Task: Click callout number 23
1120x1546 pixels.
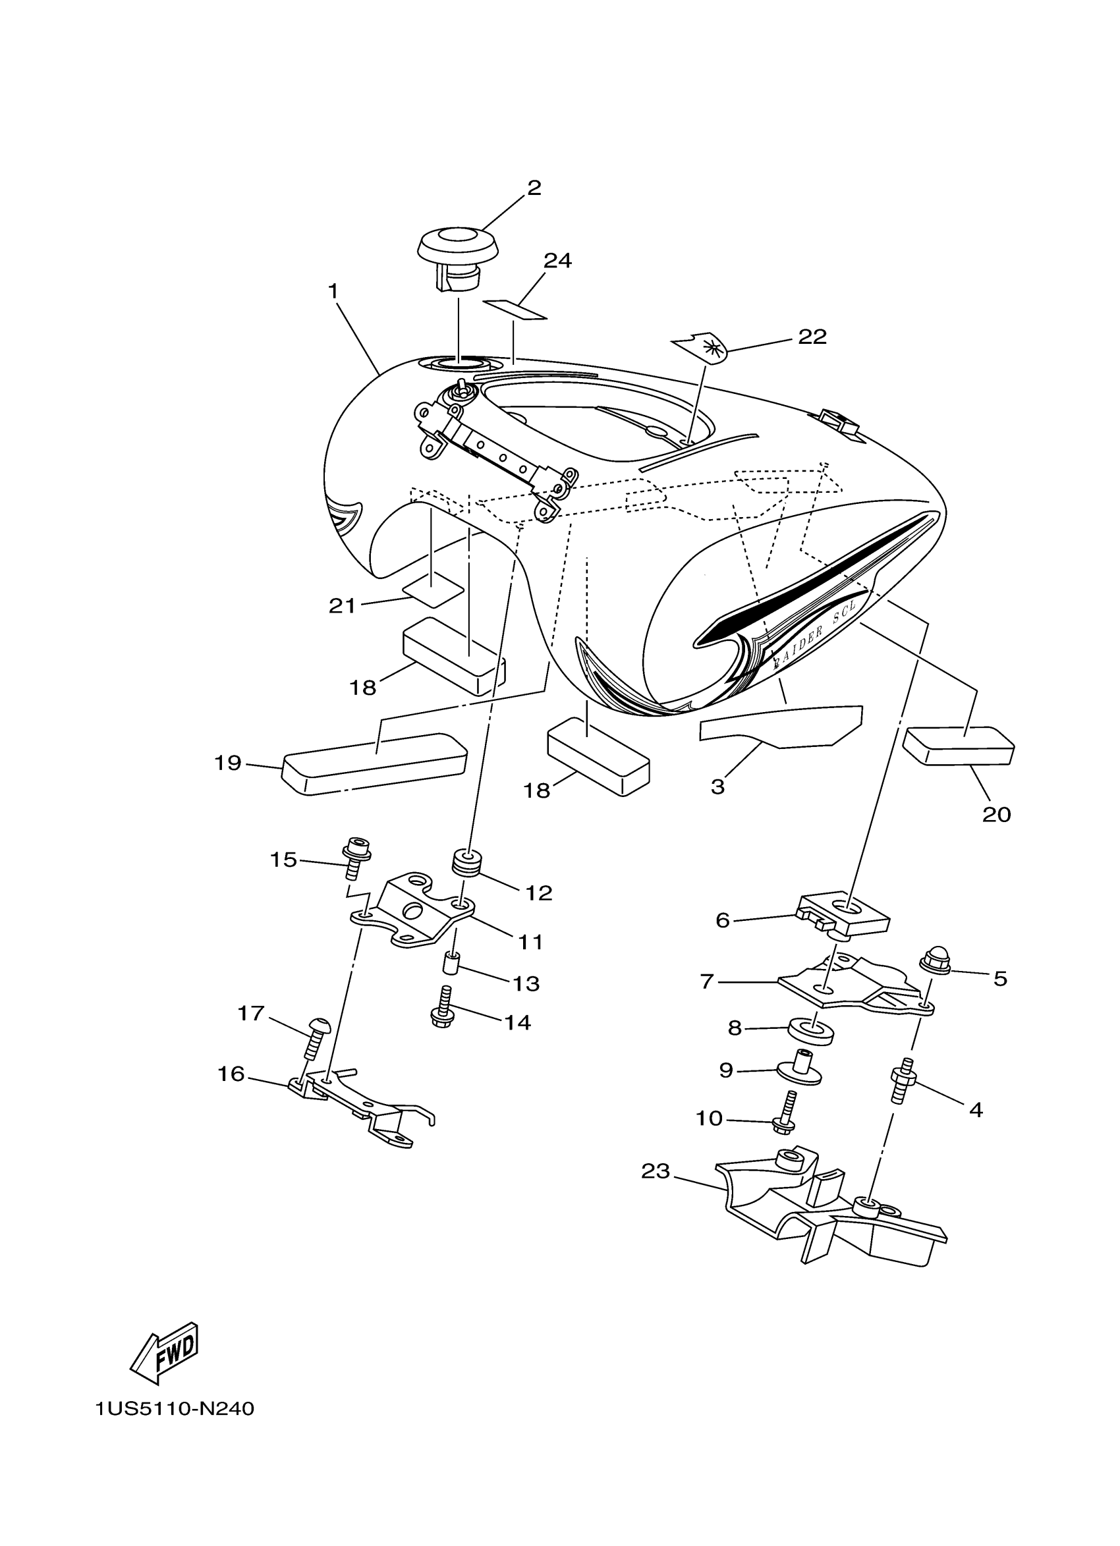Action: click(x=656, y=1171)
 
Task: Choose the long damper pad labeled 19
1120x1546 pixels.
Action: click(x=375, y=763)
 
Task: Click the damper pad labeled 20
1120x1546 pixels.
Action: click(x=958, y=746)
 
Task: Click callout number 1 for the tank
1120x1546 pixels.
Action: click(x=333, y=291)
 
